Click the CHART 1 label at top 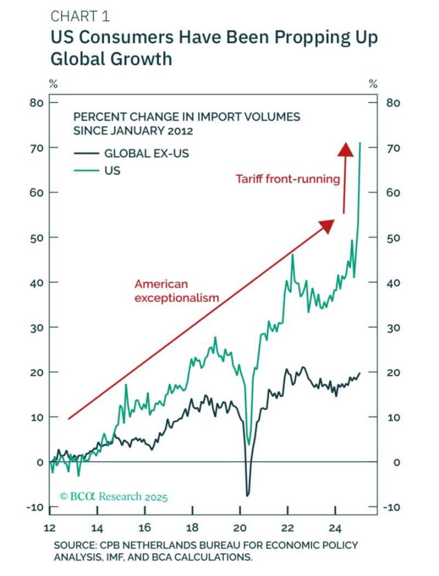point(80,16)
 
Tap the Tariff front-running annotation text point(288,179)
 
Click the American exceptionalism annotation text point(177,291)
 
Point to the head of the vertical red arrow point(345,148)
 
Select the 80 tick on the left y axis point(37,103)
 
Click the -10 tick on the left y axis point(36,507)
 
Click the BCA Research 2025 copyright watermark point(114,497)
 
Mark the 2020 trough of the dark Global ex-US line point(247,495)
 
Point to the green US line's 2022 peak point(292,255)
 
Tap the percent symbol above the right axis point(374,84)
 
